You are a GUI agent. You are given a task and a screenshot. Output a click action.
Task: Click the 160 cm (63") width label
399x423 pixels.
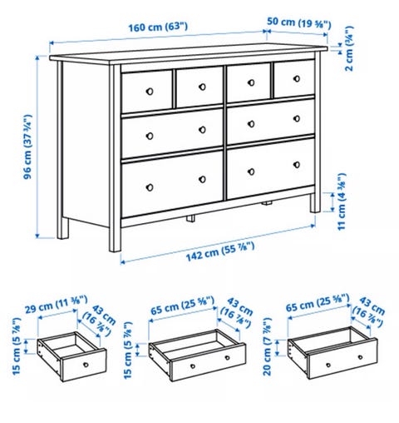click(x=158, y=27)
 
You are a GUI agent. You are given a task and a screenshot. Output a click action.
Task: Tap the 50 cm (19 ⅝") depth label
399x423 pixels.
click(x=299, y=22)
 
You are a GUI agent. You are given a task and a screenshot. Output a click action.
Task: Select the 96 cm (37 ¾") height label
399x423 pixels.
click(x=28, y=147)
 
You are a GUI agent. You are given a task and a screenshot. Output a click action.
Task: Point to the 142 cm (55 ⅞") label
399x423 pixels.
click(x=220, y=252)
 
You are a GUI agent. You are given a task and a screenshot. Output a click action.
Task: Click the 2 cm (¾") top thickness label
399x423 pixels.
click(x=350, y=48)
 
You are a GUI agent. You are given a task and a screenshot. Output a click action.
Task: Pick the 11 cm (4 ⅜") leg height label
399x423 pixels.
click(x=342, y=202)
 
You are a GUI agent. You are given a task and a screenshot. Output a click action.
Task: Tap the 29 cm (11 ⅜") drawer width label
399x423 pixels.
click(x=57, y=305)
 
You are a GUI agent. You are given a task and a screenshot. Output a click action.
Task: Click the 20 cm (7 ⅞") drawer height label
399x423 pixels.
click(x=267, y=346)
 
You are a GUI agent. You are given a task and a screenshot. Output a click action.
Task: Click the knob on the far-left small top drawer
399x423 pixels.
click(x=150, y=92)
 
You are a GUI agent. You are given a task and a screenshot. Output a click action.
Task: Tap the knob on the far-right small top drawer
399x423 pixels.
click(x=297, y=78)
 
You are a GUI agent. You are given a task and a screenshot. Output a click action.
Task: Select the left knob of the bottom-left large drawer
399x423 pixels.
click(x=150, y=187)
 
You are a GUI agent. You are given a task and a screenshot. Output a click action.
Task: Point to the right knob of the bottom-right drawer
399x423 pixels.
click(x=297, y=165)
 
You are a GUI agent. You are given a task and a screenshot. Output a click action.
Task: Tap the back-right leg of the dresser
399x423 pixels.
click(x=315, y=202)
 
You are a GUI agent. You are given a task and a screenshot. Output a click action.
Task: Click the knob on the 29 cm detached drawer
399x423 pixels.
click(x=86, y=365)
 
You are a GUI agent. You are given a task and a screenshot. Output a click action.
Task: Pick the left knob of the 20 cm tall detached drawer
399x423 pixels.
click(x=328, y=365)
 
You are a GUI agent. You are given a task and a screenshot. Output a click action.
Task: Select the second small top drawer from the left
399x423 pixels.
click(x=199, y=87)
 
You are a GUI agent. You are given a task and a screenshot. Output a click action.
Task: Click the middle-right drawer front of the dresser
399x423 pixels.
click(x=271, y=122)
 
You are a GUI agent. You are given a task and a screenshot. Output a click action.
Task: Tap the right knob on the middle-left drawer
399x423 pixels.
click(x=202, y=130)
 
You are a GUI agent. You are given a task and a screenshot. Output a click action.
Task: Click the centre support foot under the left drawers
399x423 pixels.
click(x=190, y=218)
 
